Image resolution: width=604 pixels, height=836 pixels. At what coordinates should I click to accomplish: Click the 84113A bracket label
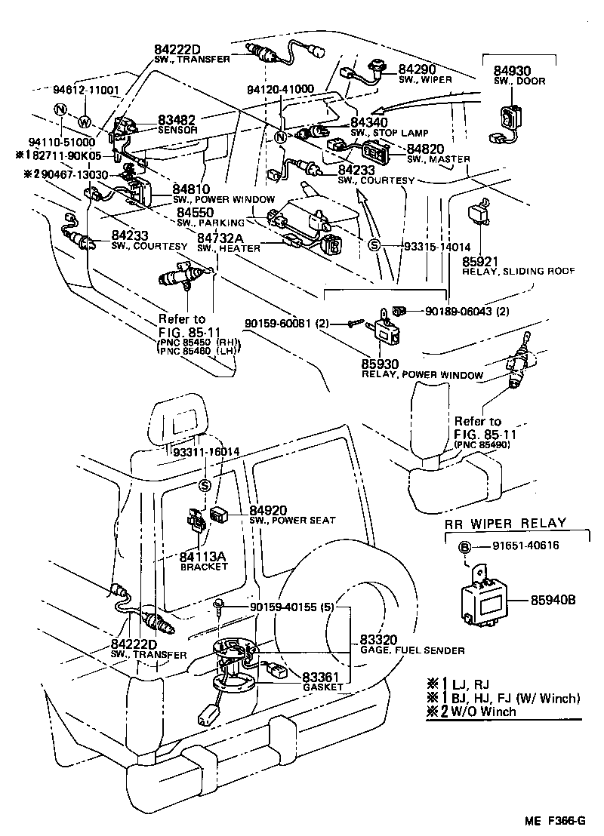pos(203,557)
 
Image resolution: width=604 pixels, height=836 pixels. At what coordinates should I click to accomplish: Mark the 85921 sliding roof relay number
pos(481,260)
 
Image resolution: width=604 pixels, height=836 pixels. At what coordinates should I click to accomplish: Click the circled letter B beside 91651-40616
pos(465,546)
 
